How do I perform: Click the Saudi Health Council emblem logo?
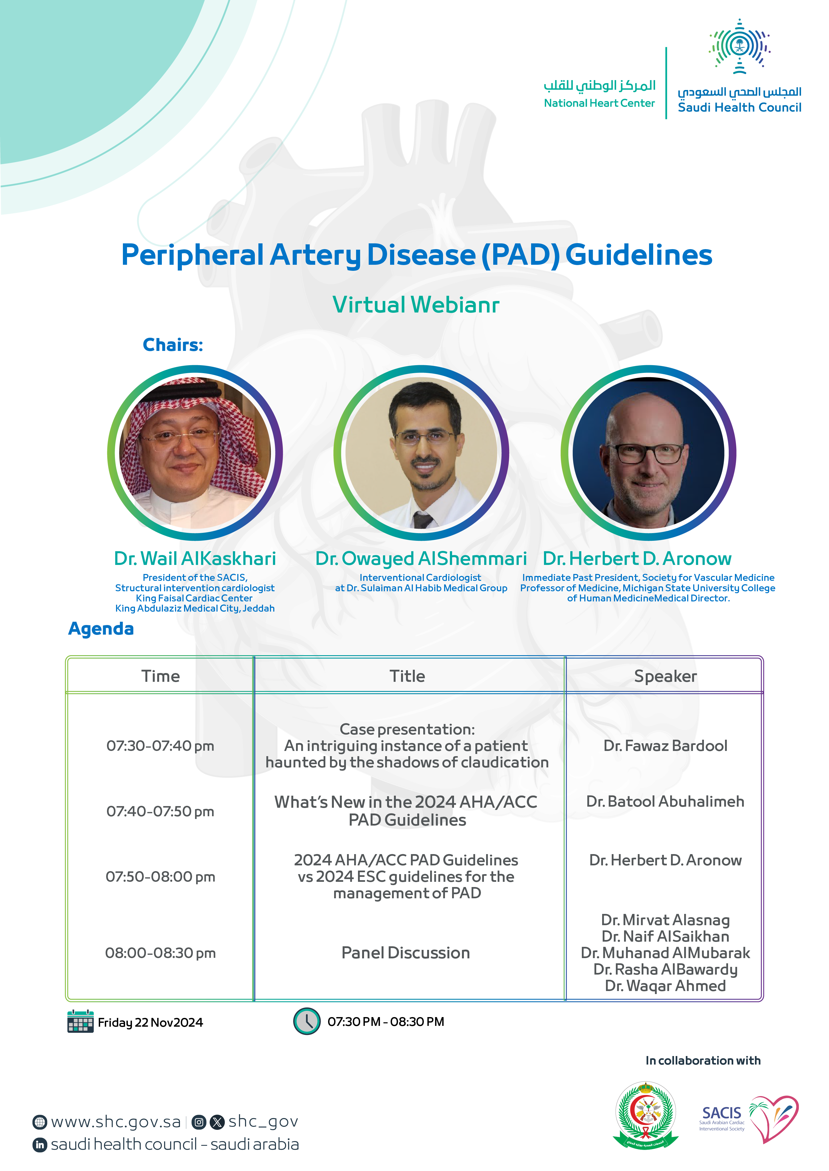739,47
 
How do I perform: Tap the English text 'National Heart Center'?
599,103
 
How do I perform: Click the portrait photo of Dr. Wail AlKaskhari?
195,453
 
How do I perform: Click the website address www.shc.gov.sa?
116,1122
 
